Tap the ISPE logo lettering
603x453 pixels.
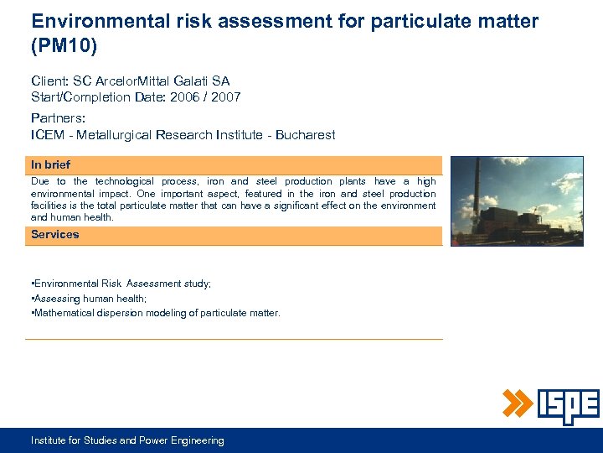point(569,406)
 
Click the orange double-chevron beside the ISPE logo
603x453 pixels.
point(517,404)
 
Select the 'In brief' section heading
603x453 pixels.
point(51,165)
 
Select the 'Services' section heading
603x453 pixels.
point(55,235)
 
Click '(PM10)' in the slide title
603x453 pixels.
point(64,46)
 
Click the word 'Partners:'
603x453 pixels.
point(58,118)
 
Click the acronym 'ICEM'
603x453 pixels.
point(49,135)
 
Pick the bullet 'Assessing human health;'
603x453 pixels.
point(89,299)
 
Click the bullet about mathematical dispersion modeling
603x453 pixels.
point(156,313)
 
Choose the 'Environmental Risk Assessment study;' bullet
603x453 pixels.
point(121,284)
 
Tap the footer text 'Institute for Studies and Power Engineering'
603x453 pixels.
point(127,440)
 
